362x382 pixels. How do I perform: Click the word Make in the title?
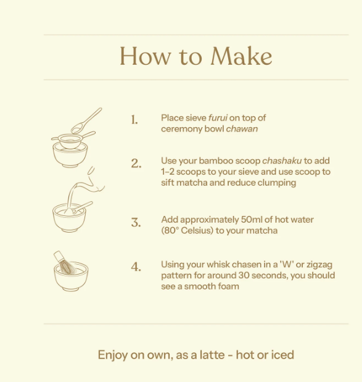pos(241,56)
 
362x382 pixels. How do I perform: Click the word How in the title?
pos(145,56)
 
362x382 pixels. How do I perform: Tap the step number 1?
pos(134,120)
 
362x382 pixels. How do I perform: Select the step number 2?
pos(136,164)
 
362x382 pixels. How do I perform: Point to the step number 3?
pos(136,223)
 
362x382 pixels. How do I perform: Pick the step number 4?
pos(136,267)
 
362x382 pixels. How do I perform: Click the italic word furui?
pos(218,118)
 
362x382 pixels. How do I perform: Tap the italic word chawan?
pos(242,129)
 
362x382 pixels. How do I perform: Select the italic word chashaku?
pos(282,161)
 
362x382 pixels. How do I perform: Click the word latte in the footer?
pos(212,355)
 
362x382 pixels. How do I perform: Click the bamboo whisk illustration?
pos(64,263)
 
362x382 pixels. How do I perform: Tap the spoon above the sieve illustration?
pos(86,120)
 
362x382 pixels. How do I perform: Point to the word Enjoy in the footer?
pos(113,355)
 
